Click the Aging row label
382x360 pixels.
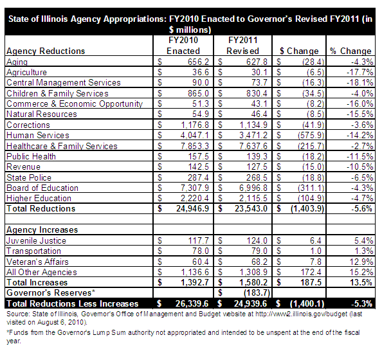pos(17,62)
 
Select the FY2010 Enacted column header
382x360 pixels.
pos(183,46)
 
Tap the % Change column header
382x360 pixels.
pos(350,51)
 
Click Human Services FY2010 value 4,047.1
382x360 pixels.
pos(195,135)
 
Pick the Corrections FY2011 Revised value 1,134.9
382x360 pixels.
pos(253,125)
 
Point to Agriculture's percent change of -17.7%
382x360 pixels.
pos(360,72)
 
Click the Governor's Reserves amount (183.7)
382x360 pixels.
pos(257,292)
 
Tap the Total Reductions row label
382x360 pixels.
pos(41,209)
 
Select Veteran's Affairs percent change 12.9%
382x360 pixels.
pos(361,262)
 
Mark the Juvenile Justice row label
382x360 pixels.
pos(36,240)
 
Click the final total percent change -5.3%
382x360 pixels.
pos(361,303)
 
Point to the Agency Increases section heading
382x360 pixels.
pos(42,230)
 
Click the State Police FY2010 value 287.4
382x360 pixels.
pos(198,177)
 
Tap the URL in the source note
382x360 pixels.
pos(302,314)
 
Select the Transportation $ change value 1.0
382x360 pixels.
pos(316,251)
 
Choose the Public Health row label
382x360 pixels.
pos(31,156)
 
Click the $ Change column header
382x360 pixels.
pos(299,51)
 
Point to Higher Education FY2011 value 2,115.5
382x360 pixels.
pos(253,198)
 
